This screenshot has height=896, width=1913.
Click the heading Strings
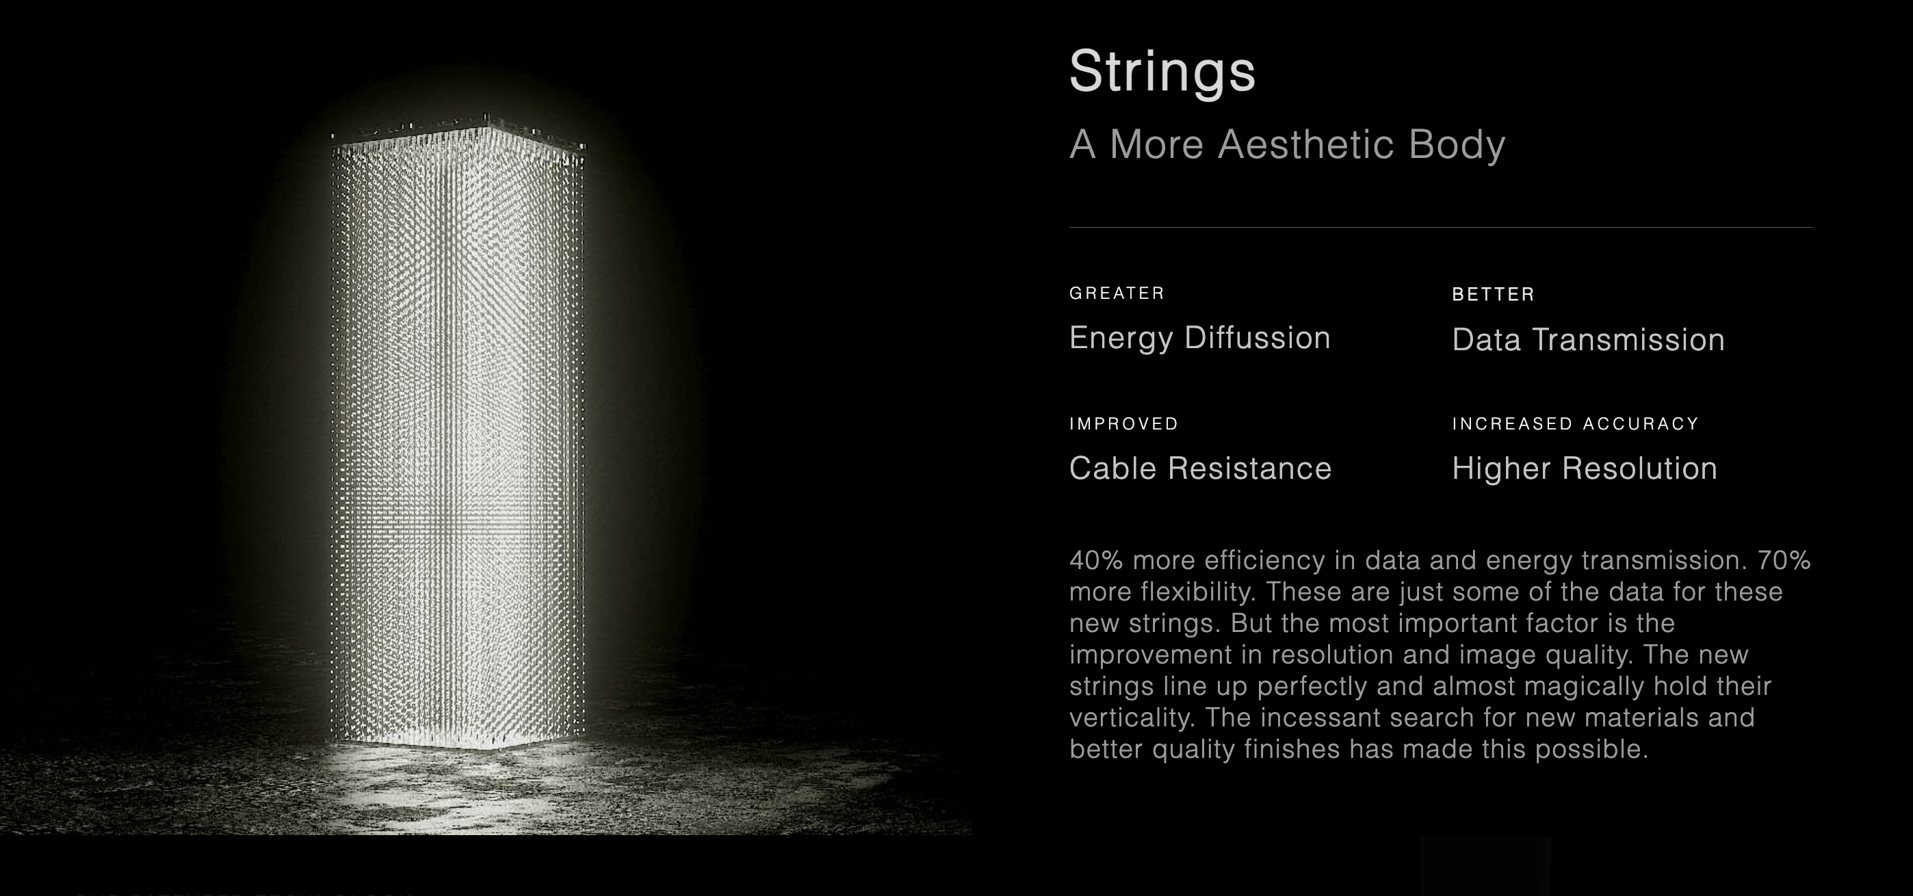click(x=1162, y=73)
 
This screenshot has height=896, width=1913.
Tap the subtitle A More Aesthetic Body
click(x=1287, y=144)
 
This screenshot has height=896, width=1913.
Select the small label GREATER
click(x=1117, y=293)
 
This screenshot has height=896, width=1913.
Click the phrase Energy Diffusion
click(x=1199, y=339)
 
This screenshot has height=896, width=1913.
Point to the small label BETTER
click(x=1494, y=295)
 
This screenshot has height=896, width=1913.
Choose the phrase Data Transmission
click(x=1589, y=340)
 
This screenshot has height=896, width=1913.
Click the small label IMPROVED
click(x=1123, y=424)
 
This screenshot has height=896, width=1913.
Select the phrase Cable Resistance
click(x=1200, y=469)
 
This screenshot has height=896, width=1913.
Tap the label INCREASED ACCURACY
click(x=1576, y=424)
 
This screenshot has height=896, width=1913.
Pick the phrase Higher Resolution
click(x=1585, y=469)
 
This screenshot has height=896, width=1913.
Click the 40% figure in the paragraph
click(x=1096, y=559)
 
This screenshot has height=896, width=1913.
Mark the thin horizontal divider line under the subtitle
click(x=1441, y=227)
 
